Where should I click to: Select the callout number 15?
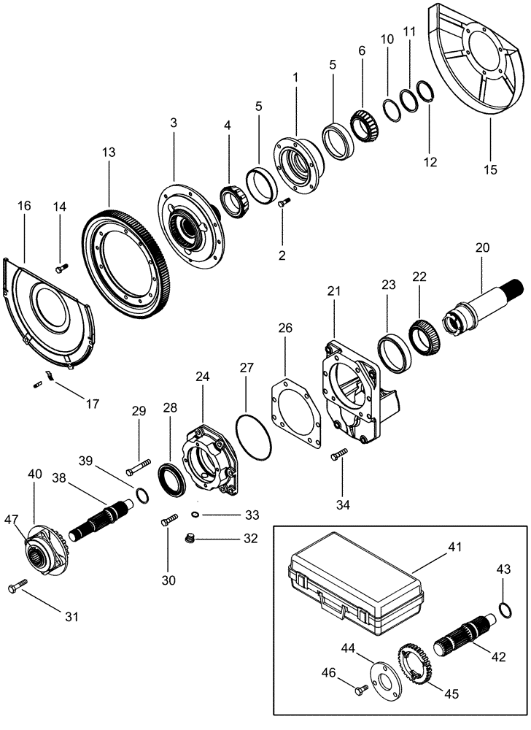490,169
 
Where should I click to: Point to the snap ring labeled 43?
501,609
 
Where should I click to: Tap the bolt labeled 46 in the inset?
357,688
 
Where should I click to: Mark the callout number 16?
24,207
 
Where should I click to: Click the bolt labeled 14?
61,268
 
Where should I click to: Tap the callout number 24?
202,377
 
